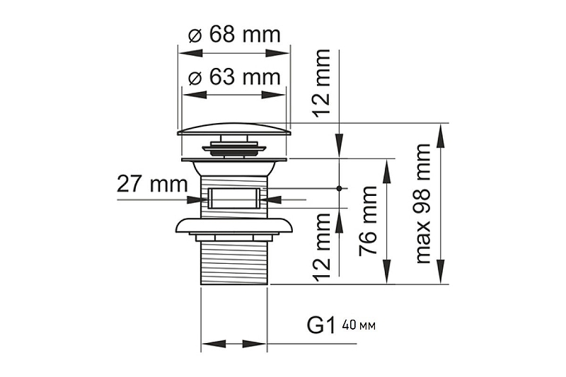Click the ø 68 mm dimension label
(x=234, y=35)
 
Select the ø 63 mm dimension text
(x=234, y=77)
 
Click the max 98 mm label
(x=423, y=204)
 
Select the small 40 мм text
(x=358, y=326)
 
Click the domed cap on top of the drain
(x=234, y=128)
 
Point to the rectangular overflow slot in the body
(x=234, y=199)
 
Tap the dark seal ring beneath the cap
(x=234, y=149)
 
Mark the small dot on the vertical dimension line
(x=340, y=188)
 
